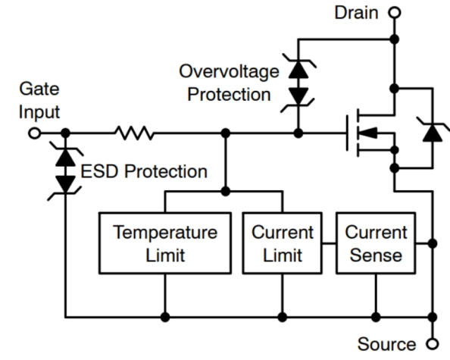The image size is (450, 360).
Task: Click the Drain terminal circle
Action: pos(395,13)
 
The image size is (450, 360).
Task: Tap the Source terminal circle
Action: pos(433,343)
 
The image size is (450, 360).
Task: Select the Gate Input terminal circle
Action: pos(34,133)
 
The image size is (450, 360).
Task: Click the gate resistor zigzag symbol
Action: pos(134,133)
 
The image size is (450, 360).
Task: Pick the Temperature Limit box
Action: pos(165,243)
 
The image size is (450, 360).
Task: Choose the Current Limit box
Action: pos(283,243)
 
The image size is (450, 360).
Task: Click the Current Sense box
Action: pos(376,243)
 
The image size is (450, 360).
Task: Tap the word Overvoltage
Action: pos(229,72)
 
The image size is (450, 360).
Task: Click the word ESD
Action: pos(99,171)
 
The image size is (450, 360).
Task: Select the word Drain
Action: pos(356,13)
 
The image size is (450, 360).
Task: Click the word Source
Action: pos(386,344)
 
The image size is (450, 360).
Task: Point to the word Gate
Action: pos(39,89)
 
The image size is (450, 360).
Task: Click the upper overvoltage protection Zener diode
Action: pos(298,68)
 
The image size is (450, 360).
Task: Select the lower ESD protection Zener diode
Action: pos(65,186)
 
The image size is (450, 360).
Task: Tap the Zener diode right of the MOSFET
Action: pos(433,131)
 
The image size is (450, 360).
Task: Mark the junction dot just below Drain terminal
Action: pos(395,39)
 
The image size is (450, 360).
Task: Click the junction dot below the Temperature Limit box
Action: pos(165,318)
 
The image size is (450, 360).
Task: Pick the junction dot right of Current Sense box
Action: pos(433,243)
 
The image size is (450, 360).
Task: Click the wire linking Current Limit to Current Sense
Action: pos(329,243)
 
